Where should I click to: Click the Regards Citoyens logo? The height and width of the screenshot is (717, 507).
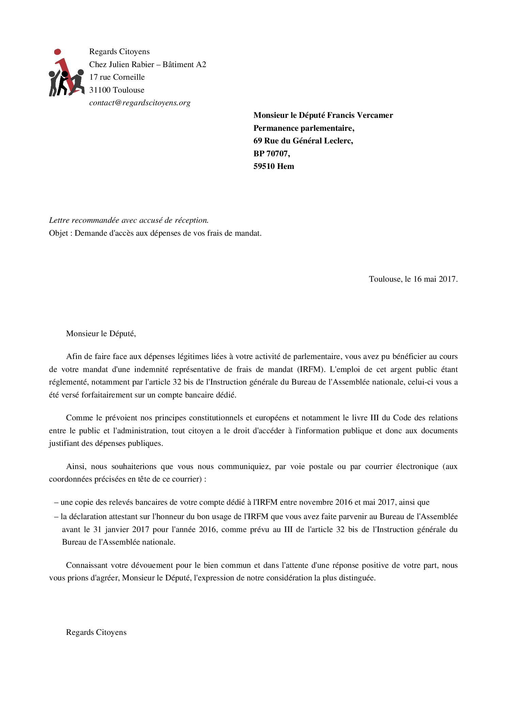[66, 73]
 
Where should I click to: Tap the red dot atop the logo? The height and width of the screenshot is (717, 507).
[58, 52]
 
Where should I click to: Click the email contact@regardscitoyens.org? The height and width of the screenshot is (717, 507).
[140, 103]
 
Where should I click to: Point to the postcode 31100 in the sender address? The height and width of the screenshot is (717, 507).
[100, 90]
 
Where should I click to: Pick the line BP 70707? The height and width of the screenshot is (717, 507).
[272, 154]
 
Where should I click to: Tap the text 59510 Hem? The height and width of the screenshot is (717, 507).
[274, 166]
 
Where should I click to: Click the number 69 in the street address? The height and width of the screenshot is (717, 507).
[258, 141]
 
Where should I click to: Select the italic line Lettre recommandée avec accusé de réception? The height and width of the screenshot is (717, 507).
[129, 220]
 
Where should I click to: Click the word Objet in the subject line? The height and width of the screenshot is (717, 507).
[59, 233]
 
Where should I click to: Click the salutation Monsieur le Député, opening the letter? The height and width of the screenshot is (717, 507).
[101, 334]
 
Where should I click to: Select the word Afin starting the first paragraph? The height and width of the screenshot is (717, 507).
[74, 357]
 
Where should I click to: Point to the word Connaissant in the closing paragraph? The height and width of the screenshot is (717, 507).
[87, 565]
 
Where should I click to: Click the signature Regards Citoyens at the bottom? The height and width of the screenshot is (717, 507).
[96, 633]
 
